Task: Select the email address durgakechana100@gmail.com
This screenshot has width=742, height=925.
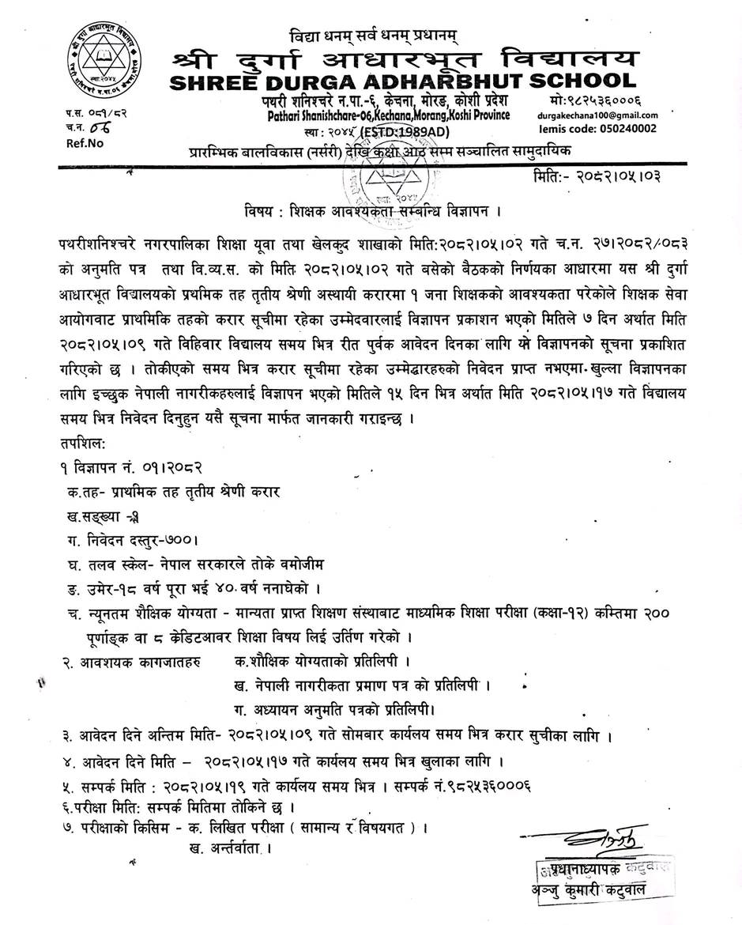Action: click(597, 115)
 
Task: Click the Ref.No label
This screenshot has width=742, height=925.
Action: click(80, 144)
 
